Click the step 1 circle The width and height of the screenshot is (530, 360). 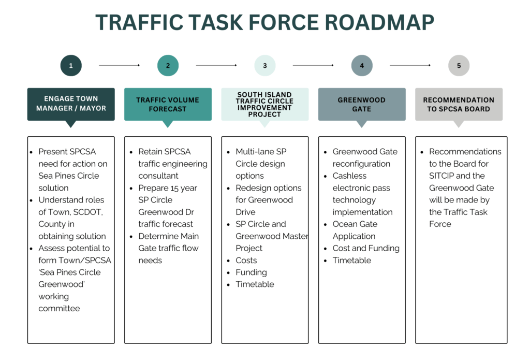tap(71, 66)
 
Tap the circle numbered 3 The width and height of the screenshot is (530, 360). tap(265, 66)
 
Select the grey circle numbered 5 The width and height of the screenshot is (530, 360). tap(459, 66)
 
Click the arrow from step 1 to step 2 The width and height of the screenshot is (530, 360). tap(119, 65)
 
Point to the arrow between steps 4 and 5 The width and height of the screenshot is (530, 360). tap(410, 65)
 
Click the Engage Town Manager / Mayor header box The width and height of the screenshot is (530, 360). tap(71, 104)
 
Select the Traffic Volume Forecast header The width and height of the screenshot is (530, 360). tap(168, 104)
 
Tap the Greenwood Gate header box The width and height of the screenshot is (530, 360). tap(362, 104)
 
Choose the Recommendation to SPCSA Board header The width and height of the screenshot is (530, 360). tap(459, 104)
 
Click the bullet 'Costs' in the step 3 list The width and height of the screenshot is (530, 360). tap(246, 260)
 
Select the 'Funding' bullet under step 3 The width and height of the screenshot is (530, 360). tap(251, 272)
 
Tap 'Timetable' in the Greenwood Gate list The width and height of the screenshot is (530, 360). tap(352, 260)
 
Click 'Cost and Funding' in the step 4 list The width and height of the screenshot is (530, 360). tap(366, 248)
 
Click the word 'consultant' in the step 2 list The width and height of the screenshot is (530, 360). tap(158, 176)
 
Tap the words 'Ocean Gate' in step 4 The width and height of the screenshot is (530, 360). tap(355, 224)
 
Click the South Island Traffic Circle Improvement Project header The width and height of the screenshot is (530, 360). tap(265, 104)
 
